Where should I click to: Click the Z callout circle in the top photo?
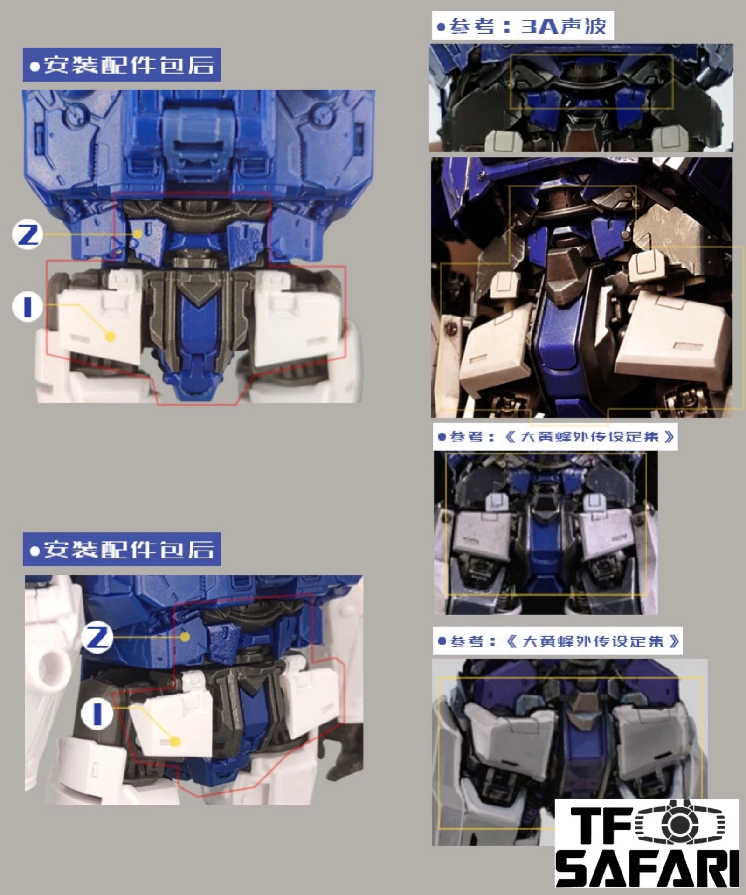28,234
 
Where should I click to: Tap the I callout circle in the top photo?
28,307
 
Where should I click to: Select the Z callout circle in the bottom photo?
97,637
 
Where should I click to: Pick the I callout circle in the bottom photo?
97,713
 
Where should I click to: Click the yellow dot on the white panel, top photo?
111,336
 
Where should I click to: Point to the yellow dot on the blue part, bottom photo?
185,637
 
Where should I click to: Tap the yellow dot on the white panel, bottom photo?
175,741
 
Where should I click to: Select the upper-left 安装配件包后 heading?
122,65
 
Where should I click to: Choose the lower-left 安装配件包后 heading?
122,549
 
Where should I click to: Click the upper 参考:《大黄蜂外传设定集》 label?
555,437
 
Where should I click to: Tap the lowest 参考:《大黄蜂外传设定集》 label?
558,641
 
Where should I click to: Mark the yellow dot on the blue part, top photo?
137,234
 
